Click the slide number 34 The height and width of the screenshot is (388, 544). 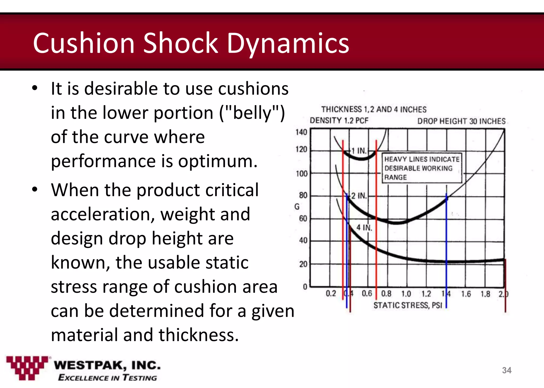(507, 370)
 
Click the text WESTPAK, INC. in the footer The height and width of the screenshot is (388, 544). (107, 365)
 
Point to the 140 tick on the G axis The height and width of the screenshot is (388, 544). (301, 132)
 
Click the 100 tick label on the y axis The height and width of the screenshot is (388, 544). (301, 174)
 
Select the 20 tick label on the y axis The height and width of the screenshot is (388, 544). (303, 264)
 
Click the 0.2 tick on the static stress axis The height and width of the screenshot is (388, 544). (331, 294)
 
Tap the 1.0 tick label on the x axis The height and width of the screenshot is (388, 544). (406, 294)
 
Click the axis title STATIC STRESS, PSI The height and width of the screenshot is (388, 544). (408, 305)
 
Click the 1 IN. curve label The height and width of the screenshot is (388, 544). (359, 151)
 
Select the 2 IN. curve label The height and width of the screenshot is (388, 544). (359, 196)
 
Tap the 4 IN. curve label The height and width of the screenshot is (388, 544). (364, 228)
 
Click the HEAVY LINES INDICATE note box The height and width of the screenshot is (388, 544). (422, 168)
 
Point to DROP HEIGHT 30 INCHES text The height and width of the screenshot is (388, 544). (461, 121)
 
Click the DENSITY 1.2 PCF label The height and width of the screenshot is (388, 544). (339, 121)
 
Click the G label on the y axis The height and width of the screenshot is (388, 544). (297, 206)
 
